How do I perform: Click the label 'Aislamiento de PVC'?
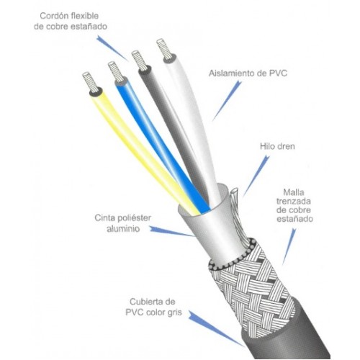coord(248,73)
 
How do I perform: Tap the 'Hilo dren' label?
coord(277,146)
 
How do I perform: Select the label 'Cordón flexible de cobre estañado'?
coord(70,21)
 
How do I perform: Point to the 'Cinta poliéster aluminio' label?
coord(123,223)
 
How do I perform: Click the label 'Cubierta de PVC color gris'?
coord(153,307)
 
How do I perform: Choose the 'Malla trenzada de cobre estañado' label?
coord(294,205)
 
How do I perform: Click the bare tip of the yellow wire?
coord(89,81)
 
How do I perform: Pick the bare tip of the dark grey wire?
coord(140,60)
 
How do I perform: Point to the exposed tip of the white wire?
coord(164,49)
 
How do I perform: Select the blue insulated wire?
coord(161,144)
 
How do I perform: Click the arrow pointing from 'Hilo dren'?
coord(256,176)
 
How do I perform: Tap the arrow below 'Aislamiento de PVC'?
coord(227,101)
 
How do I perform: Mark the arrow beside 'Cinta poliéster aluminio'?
coord(171,231)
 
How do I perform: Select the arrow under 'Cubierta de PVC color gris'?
coord(216,328)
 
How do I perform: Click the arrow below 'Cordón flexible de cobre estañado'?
coord(112,48)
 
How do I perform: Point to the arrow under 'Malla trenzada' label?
coord(289,247)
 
